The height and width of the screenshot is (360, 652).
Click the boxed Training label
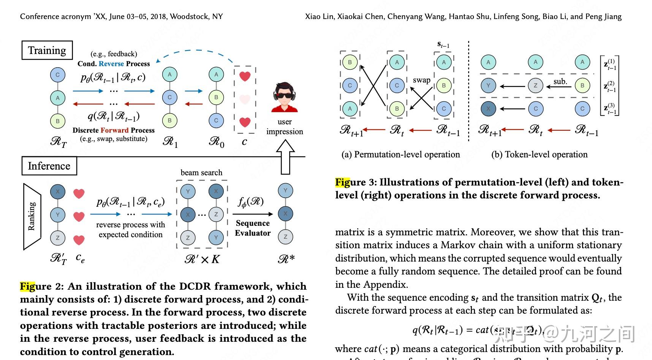point(47,51)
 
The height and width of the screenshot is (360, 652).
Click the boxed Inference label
point(49,166)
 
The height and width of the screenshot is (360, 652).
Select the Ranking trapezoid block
point(32,216)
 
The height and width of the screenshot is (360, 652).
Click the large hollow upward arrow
point(285,156)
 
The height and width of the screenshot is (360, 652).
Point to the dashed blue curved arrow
point(196,54)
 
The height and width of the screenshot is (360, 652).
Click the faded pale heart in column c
point(245,100)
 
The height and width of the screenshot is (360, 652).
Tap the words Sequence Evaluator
point(253,228)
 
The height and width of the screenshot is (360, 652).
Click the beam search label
point(201,173)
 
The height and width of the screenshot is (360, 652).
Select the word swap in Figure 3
point(421,80)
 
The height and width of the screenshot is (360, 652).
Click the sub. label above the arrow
point(560,81)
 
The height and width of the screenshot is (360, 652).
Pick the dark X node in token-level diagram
point(488,109)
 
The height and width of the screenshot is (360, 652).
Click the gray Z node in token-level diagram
point(535,86)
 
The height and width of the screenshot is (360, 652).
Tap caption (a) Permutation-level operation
point(400,154)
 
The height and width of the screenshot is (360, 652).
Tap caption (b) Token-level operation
point(539,154)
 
